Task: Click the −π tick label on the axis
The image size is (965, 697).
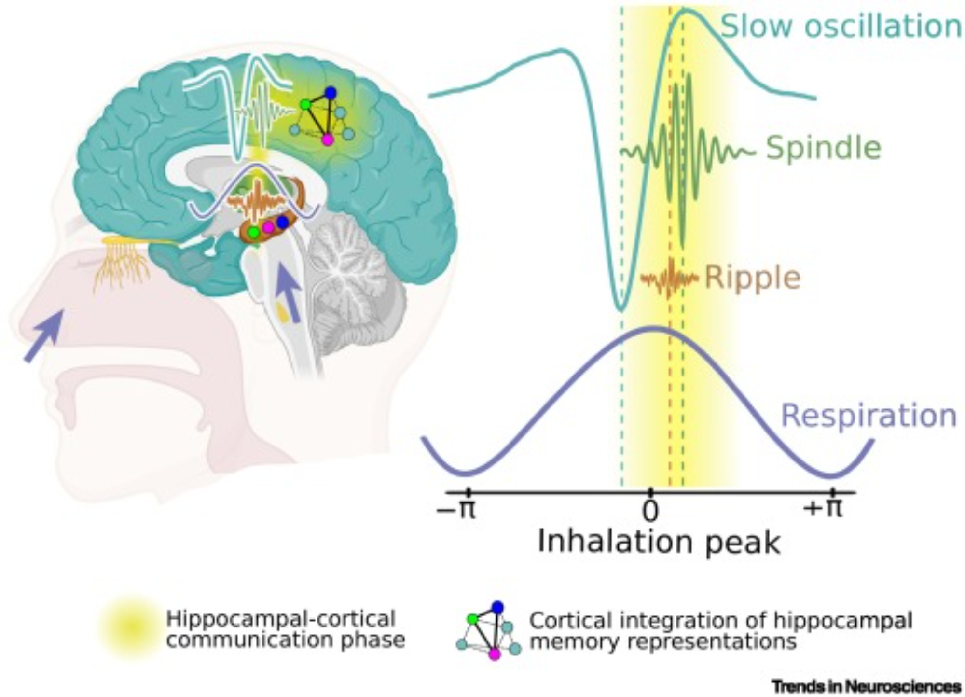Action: [456, 509]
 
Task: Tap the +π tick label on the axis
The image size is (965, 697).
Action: [823, 508]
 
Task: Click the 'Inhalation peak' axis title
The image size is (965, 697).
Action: [659, 542]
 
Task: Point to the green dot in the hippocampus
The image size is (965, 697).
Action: [253, 233]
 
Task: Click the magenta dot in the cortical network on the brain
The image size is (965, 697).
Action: [328, 140]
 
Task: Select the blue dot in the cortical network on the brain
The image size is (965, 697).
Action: [331, 93]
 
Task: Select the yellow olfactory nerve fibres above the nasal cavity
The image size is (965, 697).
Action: [124, 263]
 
